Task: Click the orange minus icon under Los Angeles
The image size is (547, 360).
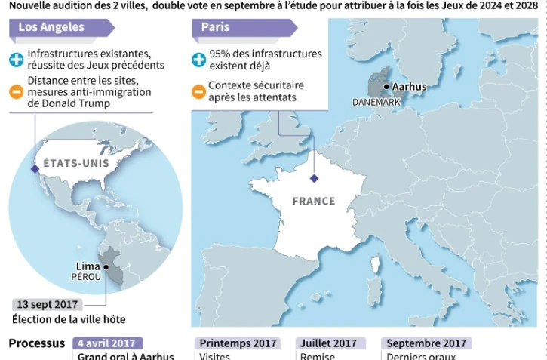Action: coord(17,92)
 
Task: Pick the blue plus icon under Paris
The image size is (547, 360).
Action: coord(198,60)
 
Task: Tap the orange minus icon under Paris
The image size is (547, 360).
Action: coord(198,92)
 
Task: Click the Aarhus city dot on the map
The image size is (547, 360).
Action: coord(386,87)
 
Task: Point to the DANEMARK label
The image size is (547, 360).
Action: coord(376,102)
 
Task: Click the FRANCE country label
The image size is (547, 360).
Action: coord(313,202)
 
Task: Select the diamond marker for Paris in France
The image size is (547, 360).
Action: coord(314,179)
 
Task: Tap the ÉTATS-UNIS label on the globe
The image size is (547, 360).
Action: coord(76,163)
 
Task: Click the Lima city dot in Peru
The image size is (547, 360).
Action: coord(106,266)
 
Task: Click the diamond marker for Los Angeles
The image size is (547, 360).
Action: coord(34,169)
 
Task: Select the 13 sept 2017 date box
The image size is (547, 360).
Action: coord(48,304)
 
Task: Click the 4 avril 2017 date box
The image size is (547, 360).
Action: coord(108,343)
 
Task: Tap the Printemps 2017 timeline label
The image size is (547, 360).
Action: coord(236,343)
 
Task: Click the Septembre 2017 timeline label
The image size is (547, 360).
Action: coord(426,343)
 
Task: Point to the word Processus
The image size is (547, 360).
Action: coord(37,343)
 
